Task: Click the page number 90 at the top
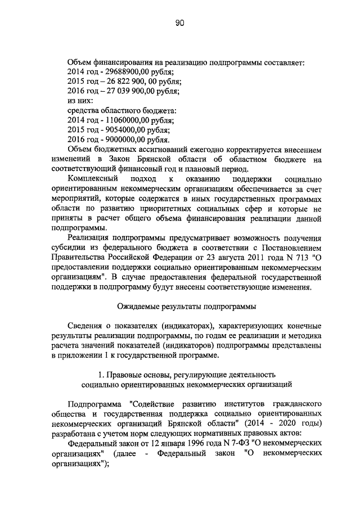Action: tap(179, 23)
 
